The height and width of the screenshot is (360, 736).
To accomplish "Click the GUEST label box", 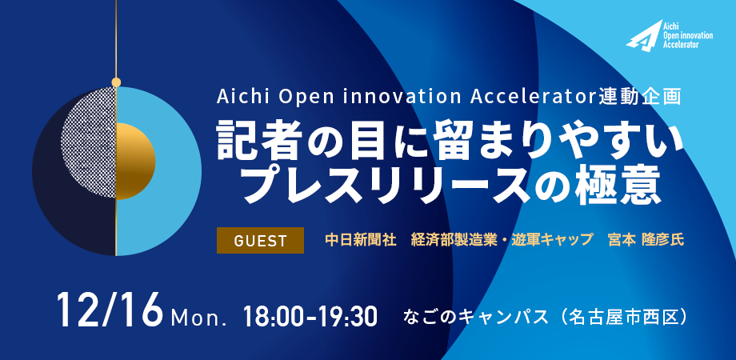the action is click(x=260, y=240).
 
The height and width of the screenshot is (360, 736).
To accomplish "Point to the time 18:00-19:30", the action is click(x=310, y=317).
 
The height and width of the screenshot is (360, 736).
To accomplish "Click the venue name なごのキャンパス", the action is click(x=475, y=317).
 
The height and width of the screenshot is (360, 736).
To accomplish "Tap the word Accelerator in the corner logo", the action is click(x=682, y=45).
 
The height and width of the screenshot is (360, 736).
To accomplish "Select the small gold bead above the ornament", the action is click(x=116, y=82).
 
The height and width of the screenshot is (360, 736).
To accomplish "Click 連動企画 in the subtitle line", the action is click(x=641, y=97).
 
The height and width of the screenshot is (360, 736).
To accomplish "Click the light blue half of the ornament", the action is click(x=178, y=171).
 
